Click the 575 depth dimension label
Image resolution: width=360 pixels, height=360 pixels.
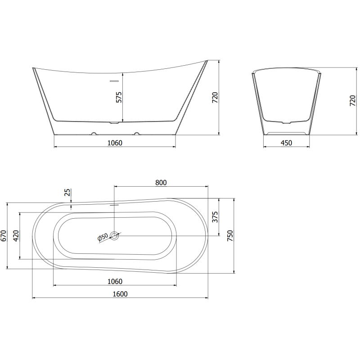click(x=119, y=97)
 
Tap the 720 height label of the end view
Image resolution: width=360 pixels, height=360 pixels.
click(x=352, y=101)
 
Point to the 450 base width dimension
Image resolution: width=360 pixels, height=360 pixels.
click(x=286, y=143)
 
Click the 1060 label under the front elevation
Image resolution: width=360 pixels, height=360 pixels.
click(x=115, y=143)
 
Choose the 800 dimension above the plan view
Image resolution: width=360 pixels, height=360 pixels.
click(x=161, y=182)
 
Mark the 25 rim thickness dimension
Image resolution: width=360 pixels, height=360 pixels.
click(x=67, y=193)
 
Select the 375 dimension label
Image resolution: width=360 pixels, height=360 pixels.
click(x=215, y=217)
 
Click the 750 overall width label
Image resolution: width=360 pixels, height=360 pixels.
click(x=230, y=235)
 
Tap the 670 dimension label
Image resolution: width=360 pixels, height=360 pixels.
click(x=4, y=236)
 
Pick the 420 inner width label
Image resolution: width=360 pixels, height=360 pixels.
click(x=17, y=236)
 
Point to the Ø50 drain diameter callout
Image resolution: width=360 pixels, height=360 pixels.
click(x=103, y=237)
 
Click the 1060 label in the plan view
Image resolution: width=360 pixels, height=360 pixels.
click(x=115, y=281)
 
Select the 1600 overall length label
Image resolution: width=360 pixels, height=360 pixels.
click(x=120, y=294)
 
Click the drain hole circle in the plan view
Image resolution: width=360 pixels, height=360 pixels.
click(x=115, y=235)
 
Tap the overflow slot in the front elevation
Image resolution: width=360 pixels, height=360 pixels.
click(x=114, y=81)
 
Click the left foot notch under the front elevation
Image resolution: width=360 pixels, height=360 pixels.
click(x=94, y=134)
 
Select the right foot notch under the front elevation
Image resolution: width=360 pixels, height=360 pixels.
click(x=136, y=134)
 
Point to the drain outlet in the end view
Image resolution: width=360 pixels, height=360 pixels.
click(x=286, y=122)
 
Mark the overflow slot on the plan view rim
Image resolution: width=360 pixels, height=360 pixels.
click(x=114, y=203)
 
